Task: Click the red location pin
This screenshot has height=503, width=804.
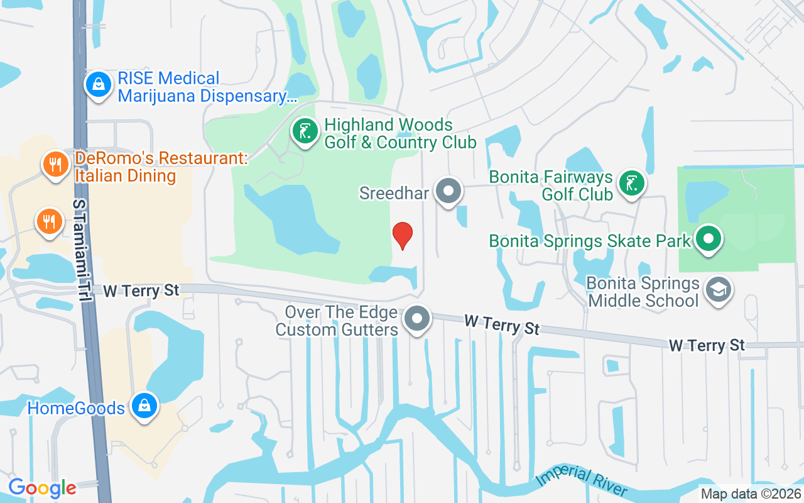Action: tap(403, 235)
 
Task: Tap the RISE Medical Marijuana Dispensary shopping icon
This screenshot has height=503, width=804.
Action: tap(99, 84)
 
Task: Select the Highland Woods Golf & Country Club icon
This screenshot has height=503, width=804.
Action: tap(305, 132)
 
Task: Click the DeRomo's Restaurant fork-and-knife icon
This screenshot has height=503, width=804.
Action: tap(56, 165)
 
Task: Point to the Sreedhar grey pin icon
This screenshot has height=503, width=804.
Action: tap(448, 191)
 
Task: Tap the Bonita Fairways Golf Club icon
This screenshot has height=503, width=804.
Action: tap(632, 183)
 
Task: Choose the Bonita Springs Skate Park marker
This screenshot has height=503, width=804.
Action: tap(709, 240)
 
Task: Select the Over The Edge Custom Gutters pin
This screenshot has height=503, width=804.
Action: tap(417, 319)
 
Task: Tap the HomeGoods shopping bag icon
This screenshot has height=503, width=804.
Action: tap(144, 407)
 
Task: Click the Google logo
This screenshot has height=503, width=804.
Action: tap(42, 488)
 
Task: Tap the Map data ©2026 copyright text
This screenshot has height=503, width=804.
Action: tap(751, 494)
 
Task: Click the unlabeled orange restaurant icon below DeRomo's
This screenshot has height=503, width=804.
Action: tap(49, 221)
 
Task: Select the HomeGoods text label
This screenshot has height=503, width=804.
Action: tap(76, 408)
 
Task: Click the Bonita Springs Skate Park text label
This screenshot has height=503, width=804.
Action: tap(590, 241)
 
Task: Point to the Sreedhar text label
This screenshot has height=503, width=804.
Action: tap(394, 192)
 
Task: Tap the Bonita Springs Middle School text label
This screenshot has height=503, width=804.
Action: tap(643, 292)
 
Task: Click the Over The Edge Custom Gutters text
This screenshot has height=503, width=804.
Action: tap(337, 321)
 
